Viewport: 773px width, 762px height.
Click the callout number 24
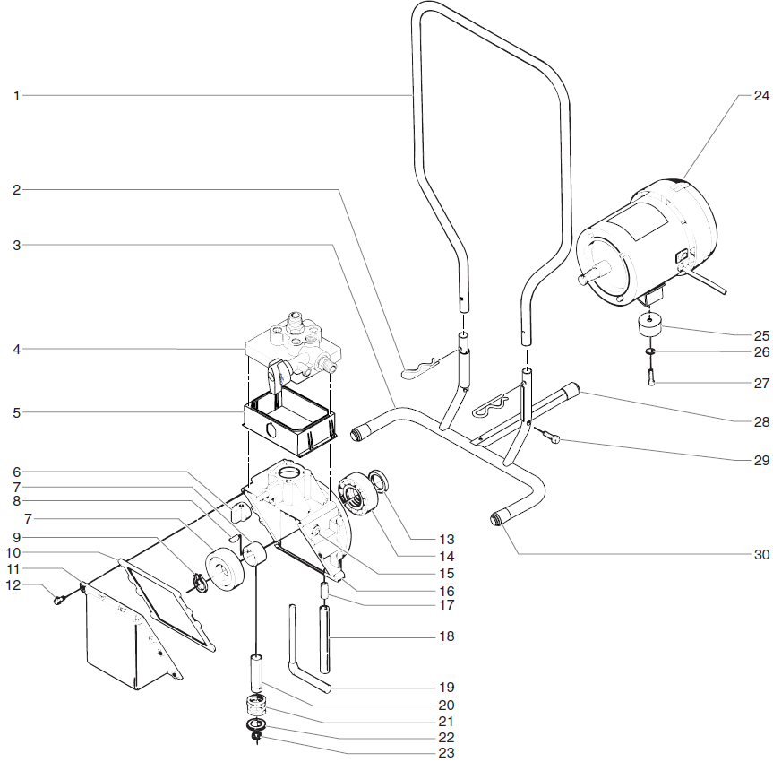click(760, 95)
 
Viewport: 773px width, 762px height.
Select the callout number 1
click(16, 94)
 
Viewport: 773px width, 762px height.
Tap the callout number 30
click(760, 554)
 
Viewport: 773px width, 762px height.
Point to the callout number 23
click(446, 753)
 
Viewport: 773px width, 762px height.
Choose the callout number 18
click(446, 636)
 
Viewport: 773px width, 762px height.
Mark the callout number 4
click(16, 348)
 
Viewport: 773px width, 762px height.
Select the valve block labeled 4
click(291, 345)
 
